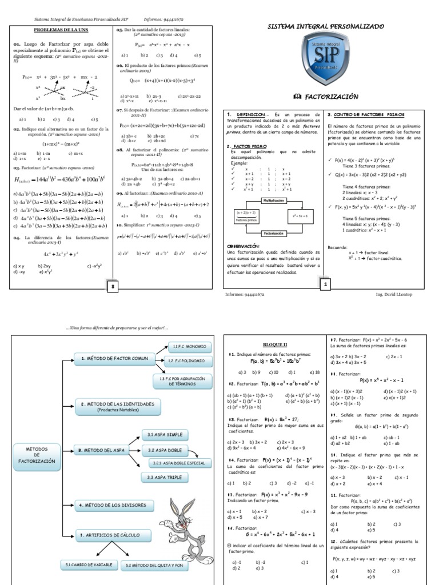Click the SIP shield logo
point(325,59)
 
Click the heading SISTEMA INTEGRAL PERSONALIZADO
point(326,27)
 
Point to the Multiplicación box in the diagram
point(276,201)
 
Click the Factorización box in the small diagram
point(276,234)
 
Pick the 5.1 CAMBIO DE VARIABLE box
point(87,565)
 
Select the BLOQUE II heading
point(276,345)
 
